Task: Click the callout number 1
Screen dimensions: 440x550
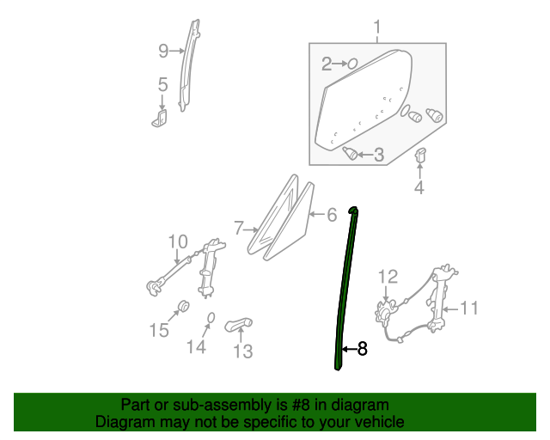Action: click(x=376, y=31)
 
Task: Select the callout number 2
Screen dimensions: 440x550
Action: click(x=327, y=64)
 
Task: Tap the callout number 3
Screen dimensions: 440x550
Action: click(x=377, y=156)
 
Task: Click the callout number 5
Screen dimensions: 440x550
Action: click(x=162, y=84)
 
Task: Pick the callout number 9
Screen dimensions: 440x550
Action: click(x=163, y=52)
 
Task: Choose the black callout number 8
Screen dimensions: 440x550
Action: click(x=362, y=349)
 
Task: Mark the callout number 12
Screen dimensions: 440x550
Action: click(x=388, y=276)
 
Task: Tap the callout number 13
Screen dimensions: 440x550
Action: click(x=243, y=351)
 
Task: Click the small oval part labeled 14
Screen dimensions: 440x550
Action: click(x=209, y=320)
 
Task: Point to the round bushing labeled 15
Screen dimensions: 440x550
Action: click(x=182, y=306)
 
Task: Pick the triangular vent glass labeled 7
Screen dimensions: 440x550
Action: click(x=278, y=215)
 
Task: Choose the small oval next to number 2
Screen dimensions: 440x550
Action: click(x=351, y=64)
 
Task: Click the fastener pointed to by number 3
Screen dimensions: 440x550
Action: click(x=351, y=153)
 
